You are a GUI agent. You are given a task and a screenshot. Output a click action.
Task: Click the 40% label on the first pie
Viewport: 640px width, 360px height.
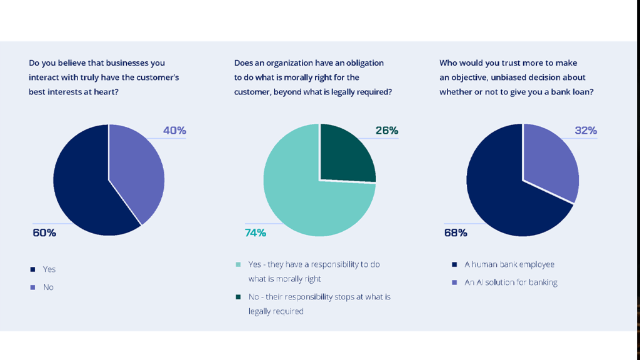(174, 131)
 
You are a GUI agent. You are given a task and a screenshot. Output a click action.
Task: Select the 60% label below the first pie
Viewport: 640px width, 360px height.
(44, 233)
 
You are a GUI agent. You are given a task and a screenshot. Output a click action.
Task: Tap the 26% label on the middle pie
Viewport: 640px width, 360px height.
(387, 131)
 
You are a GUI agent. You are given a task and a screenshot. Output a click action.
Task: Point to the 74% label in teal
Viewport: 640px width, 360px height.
(255, 233)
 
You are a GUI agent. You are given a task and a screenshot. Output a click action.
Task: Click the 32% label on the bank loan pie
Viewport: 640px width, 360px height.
(586, 131)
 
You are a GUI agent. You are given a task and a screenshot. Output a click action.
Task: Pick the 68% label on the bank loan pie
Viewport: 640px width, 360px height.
(456, 233)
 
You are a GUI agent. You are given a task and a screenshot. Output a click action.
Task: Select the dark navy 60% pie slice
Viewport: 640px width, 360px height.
(84, 187)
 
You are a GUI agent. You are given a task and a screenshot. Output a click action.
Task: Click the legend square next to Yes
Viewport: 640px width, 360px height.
(32, 269)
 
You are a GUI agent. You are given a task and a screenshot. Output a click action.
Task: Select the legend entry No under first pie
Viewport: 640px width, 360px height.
(48, 287)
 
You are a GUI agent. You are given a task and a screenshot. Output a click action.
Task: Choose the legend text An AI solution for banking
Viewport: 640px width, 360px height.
(511, 282)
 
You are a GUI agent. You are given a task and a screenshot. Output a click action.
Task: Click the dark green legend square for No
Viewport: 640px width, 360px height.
(238, 297)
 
